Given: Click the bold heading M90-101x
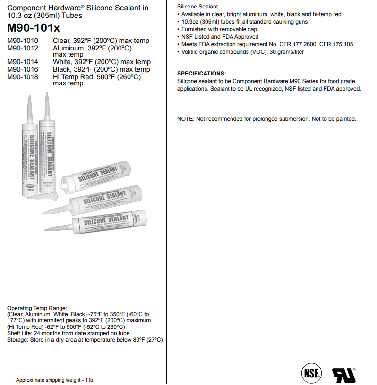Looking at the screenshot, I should tap(33, 27).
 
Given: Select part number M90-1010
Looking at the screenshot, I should tap(22, 41).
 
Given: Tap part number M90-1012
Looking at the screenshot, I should tap(22, 48).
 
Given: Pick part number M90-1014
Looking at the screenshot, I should tap(22, 62).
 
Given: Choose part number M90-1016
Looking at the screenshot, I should tap(22, 69).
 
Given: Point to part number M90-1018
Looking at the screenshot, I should tap(22, 76).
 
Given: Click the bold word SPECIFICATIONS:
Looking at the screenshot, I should tap(201, 74).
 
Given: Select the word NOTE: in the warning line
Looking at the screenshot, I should tap(186, 119).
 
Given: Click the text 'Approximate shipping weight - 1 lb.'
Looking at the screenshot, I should tap(55, 380).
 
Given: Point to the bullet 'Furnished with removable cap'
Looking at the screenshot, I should tap(219, 29).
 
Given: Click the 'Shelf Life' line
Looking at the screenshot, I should tap(68, 333).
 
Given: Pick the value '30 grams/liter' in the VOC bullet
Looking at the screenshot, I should tap(287, 52).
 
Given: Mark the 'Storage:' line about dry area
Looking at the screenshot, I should tap(85, 340).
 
